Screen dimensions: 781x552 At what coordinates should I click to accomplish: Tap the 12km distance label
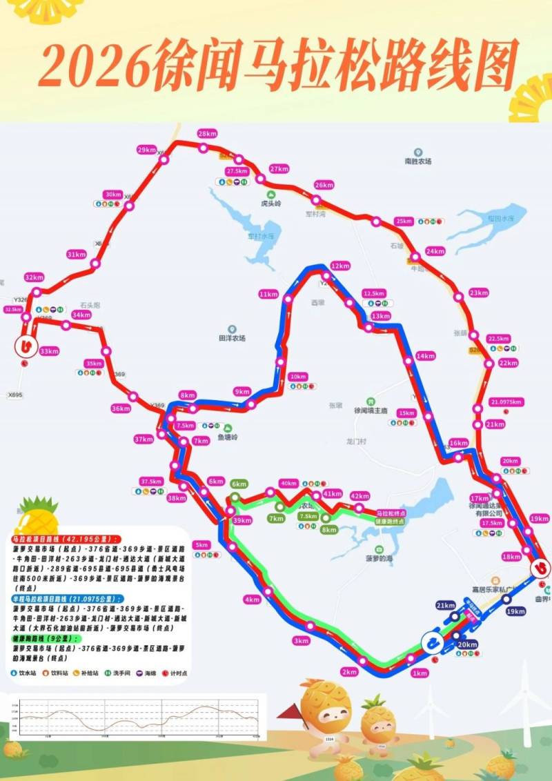(x=339, y=265)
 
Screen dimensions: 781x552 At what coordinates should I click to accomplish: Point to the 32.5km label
(x=13, y=310)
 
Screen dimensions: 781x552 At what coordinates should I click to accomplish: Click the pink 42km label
(x=359, y=496)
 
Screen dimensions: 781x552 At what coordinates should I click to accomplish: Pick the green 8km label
(x=329, y=530)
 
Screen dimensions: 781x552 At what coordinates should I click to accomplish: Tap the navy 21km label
(x=445, y=605)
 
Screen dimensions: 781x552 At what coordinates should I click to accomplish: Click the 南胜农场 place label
(x=418, y=161)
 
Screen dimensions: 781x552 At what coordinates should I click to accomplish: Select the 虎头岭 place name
(x=271, y=204)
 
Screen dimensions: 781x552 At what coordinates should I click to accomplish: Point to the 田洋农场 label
(x=233, y=338)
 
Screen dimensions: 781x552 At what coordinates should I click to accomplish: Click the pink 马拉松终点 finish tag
(x=391, y=513)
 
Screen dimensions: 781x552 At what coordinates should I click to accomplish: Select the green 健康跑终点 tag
(x=390, y=522)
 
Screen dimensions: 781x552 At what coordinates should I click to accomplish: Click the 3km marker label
(x=300, y=641)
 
